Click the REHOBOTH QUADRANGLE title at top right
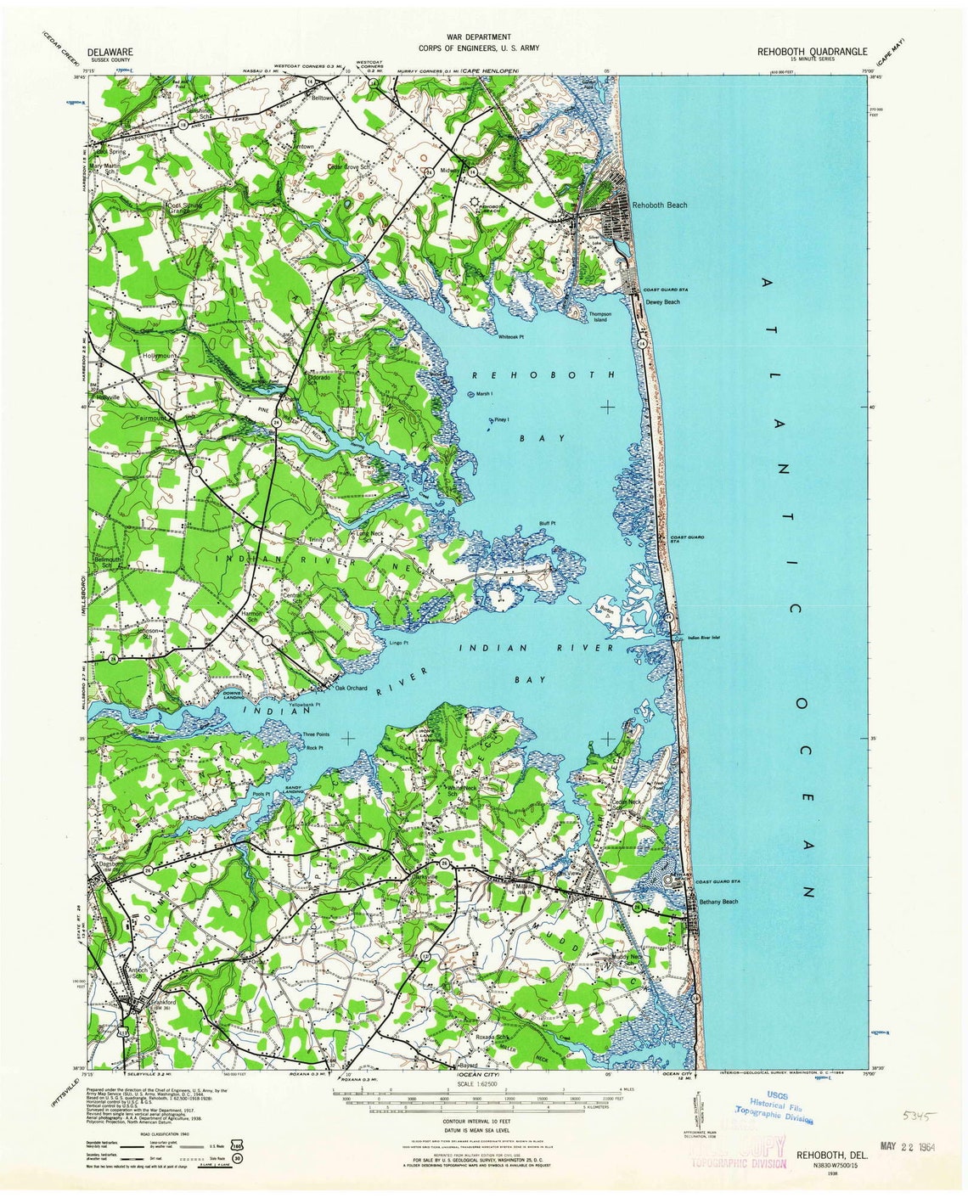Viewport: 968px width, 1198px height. [x=812, y=51]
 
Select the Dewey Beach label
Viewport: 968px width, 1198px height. [x=662, y=302]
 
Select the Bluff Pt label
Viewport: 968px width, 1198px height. [x=547, y=523]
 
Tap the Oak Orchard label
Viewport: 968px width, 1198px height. [x=351, y=688]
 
